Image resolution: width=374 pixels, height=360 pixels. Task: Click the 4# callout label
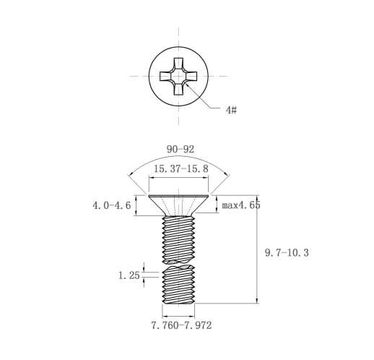[x=231, y=110]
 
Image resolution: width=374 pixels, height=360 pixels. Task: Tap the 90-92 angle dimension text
[x=181, y=150]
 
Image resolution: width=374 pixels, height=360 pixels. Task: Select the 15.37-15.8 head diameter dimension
[x=181, y=168]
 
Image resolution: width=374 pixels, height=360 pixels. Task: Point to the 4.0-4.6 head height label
[x=112, y=205]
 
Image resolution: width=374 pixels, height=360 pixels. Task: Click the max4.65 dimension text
[x=241, y=205]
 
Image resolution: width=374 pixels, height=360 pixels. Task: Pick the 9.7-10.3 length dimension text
[x=287, y=253]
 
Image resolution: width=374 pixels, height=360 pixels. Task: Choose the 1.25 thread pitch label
[x=129, y=275]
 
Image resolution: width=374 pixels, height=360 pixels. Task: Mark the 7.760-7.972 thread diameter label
[x=181, y=325]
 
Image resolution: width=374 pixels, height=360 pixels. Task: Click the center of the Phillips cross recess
[x=178, y=76]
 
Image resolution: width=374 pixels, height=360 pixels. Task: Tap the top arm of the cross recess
[x=178, y=64]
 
